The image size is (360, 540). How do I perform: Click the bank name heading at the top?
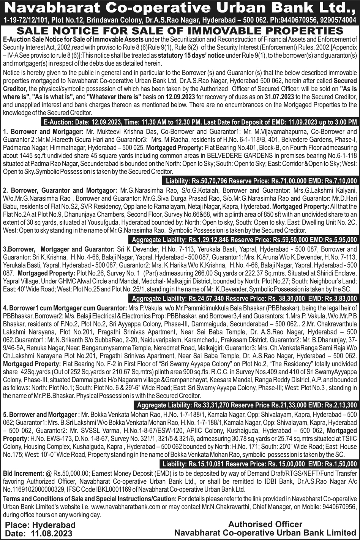[180, 8]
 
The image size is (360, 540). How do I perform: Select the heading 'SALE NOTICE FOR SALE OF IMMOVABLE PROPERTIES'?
[180, 31]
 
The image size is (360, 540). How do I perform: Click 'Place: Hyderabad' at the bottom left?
[40, 525]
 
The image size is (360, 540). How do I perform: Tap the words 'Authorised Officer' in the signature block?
[265, 524]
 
